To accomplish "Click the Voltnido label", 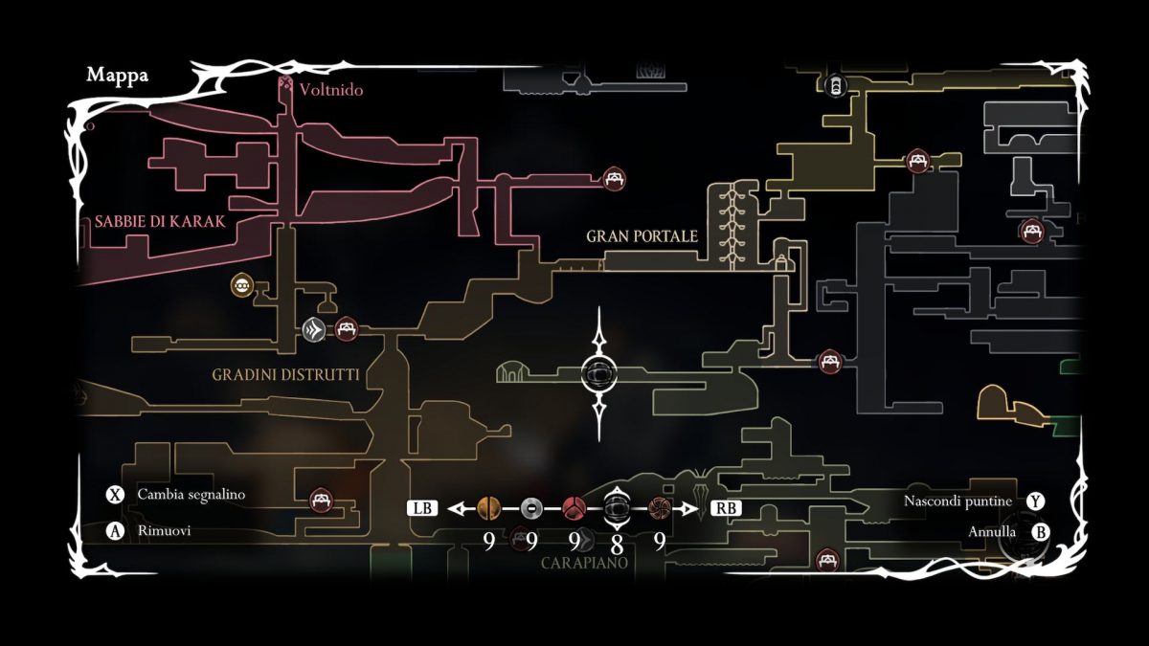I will click(x=330, y=90).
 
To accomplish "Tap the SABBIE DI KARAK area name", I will click(x=160, y=222).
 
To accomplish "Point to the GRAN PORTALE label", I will click(x=642, y=236).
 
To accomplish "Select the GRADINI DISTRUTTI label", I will click(x=286, y=375).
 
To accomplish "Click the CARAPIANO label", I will click(x=583, y=563).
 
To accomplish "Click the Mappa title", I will click(x=117, y=76).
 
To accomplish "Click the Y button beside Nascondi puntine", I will click(x=1034, y=501).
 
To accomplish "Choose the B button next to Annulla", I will click(x=1040, y=531).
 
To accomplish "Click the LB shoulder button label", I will click(x=421, y=508).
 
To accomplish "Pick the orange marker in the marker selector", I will click(x=488, y=508).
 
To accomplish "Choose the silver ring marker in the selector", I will click(x=532, y=508).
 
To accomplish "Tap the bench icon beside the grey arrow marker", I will click(x=346, y=329).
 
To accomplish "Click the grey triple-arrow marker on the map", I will click(x=314, y=330).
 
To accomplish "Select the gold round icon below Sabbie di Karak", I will click(x=242, y=284).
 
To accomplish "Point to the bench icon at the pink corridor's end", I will click(x=614, y=178).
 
